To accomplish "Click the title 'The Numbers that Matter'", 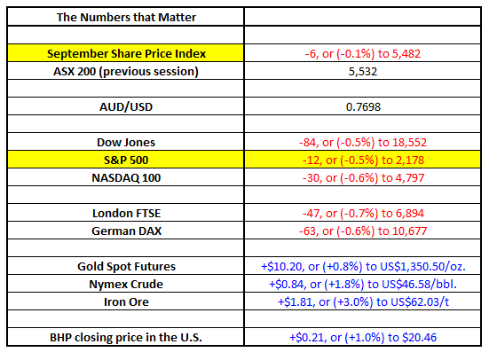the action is coord(126,17).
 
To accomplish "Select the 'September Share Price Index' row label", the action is coord(126,53).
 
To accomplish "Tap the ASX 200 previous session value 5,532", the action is coord(363,72).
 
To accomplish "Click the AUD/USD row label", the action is coord(126,107).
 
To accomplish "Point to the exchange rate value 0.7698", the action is coord(363,107).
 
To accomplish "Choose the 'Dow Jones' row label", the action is coord(126,143).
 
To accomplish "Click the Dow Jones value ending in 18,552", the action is coord(363,143).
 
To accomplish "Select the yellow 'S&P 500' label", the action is coord(126,160).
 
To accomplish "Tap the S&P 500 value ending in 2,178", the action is coord(363,160).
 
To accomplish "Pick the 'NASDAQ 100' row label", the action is coord(126,178).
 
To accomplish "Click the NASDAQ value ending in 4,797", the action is coord(363,178).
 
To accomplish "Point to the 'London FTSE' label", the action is coord(126,214).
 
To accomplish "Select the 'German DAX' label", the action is coord(126,231).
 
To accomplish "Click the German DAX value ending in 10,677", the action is coord(363,231).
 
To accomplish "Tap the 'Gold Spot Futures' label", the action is coord(126,267).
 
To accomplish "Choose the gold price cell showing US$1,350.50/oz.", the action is coord(363,267).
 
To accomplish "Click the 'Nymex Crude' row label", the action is coord(126,285).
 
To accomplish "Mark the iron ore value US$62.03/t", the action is coord(363,302).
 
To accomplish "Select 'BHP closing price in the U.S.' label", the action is coord(126,338).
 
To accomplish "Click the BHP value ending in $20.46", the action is coord(363,338).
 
